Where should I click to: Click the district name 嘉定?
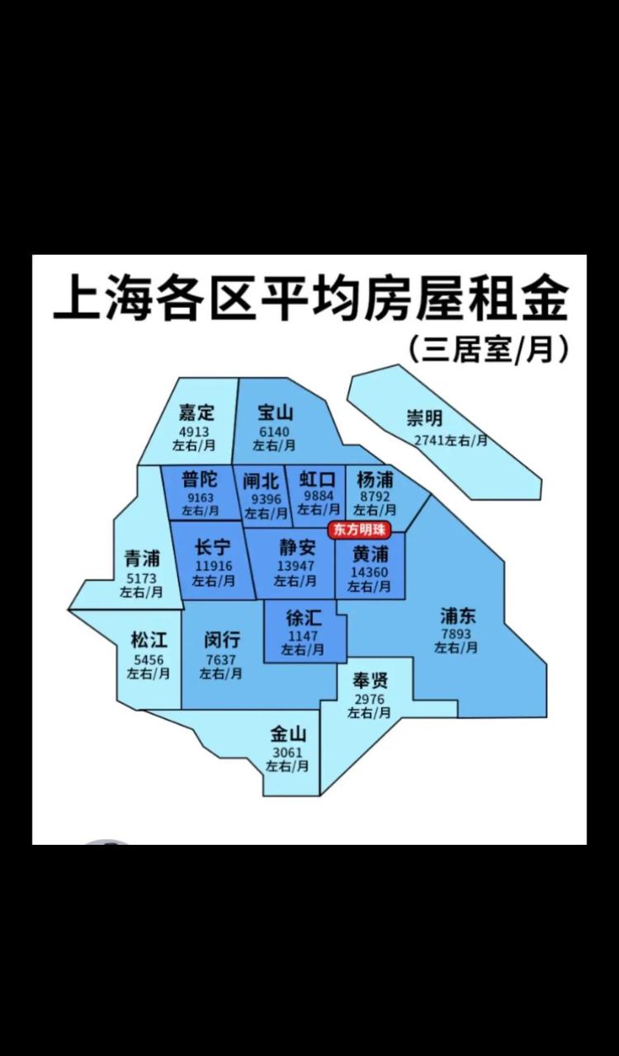click(x=196, y=412)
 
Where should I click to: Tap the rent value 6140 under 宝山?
click(x=275, y=431)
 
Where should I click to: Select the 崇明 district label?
click(x=424, y=417)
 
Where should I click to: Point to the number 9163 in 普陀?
click(x=201, y=497)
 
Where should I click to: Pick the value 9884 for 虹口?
click(x=319, y=496)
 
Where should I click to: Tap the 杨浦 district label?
click(x=375, y=479)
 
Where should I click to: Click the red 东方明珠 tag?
click(x=359, y=530)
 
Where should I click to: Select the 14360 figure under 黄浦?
click(x=370, y=572)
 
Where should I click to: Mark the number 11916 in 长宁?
click(x=212, y=566)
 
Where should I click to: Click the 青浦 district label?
click(x=142, y=559)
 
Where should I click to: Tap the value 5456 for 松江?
click(x=149, y=659)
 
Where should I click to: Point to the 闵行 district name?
click(x=221, y=640)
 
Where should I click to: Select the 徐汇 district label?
click(x=303, y=619)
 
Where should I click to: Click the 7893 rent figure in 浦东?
click(x=456, y=634)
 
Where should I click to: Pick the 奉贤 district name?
click(x=370, y=681)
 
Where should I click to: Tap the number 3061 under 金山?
click(x=287, y=752)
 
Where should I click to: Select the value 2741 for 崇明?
click(x=429, y=440)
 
